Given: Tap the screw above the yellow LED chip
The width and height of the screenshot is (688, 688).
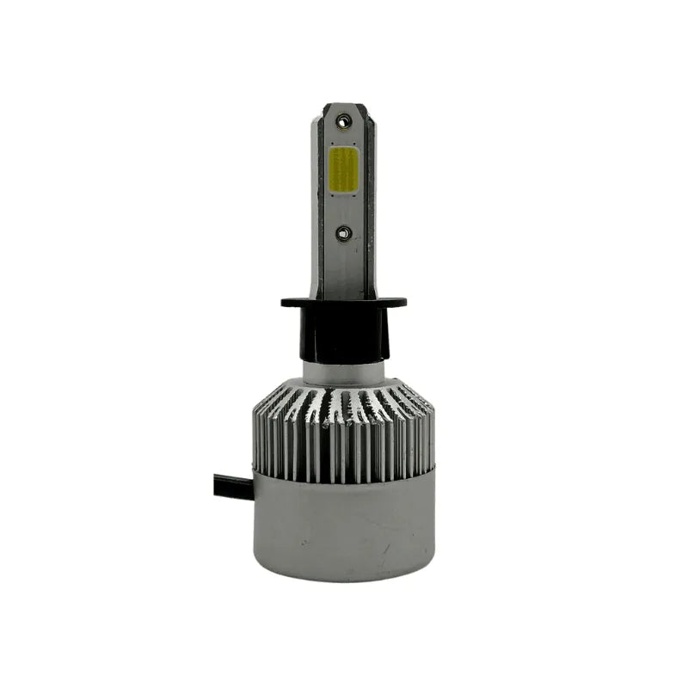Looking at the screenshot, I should click(x=342, y=124).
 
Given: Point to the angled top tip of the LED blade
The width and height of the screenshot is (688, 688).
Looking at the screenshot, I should click(x=343, y=107).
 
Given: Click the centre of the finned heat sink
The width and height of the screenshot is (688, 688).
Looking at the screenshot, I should click(x=343, y=426).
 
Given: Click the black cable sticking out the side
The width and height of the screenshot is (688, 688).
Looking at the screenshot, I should click(x=225, y=487).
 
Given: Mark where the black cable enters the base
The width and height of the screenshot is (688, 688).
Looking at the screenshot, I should click(x=252, y=488).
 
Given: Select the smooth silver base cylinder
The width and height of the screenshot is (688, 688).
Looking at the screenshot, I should click(x=343, y=525).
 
